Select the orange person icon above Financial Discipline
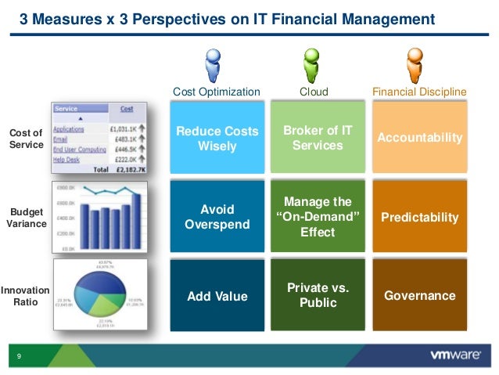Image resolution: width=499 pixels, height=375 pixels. (x=415, y=65)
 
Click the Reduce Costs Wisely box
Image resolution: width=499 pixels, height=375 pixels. (x=217, y=139)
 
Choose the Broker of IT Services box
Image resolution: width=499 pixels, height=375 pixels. (x=318, y=139)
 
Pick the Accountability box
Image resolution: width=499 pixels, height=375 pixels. (x=419, y=138)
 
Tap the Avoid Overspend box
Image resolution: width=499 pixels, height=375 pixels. (x=217, y=217)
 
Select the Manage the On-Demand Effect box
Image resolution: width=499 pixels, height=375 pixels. (x=318, y=217)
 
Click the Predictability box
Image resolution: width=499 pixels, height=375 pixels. (x=419, y=217)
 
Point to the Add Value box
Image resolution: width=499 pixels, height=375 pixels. (x=217, y=296)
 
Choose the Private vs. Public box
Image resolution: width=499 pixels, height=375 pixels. (x=318, y=295)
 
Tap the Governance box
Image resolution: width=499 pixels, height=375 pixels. (x=419, y=296)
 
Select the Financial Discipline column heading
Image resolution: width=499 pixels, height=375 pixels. (x=419, y=92)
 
